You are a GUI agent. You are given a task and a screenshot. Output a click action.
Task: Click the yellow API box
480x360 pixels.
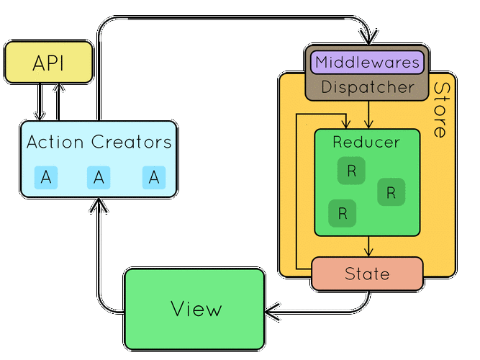(x=49, y=63)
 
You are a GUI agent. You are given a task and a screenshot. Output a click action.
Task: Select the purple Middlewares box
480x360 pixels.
(x=367, y=62)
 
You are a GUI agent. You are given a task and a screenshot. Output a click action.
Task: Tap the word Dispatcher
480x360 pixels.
(x=367, y=87)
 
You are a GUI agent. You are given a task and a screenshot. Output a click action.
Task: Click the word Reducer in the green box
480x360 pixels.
(x=366, y=142)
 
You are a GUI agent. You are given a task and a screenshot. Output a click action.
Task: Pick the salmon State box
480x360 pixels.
(x=367, y=274)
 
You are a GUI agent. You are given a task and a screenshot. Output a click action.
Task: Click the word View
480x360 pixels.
(x=196, y=309)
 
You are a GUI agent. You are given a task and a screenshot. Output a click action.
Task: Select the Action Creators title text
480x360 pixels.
(x=99, y=142)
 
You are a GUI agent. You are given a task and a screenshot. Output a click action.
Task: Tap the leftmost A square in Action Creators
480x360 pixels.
(x=45, y=177)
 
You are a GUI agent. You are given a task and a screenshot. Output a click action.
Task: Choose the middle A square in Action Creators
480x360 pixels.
(x=99, y=177)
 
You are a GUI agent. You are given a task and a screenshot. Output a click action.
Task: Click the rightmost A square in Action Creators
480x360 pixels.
(x=153, y=177)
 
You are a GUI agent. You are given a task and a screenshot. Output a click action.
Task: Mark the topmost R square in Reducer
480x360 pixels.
(x=351, y=171)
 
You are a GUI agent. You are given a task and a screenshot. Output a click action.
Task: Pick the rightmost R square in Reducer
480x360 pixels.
(x=391, y=192)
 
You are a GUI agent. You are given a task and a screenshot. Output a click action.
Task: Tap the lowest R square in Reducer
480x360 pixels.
(x=342, y=213)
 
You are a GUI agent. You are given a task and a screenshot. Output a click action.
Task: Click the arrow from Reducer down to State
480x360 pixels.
(x=368, y=246)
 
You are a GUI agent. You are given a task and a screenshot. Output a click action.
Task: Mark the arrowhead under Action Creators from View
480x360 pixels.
(x=99, y=206)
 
